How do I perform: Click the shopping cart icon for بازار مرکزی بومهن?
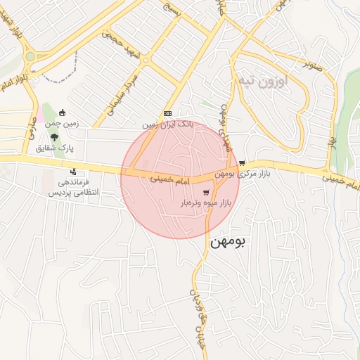243,162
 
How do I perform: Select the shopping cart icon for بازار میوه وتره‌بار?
205,192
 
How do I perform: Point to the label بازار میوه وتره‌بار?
208,203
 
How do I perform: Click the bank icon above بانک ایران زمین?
167,113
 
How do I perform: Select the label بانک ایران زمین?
167,124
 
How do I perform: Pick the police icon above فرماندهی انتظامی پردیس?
73,172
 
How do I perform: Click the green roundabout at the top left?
30,57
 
